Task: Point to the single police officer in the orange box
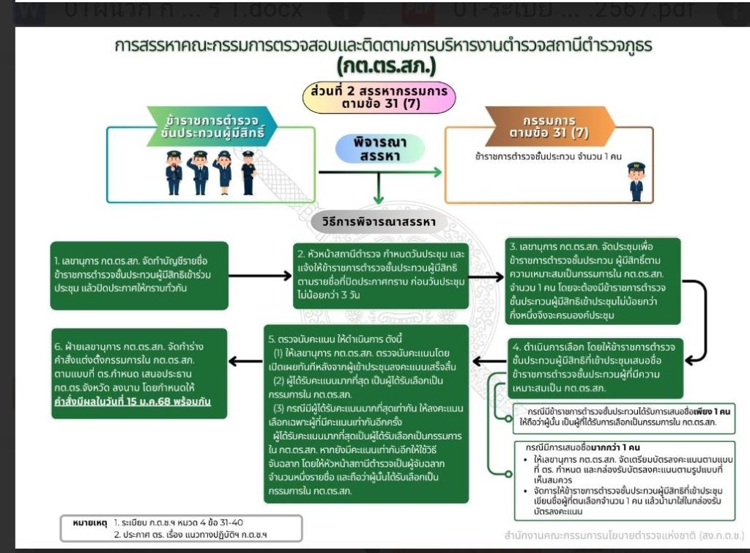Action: coord(636,182)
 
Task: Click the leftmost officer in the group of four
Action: coord(174,173)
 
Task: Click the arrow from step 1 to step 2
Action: coord(261,276)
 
